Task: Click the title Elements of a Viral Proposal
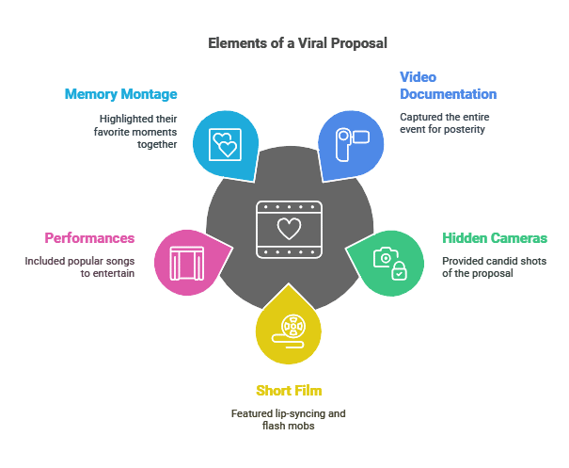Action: click(x=297, y=43)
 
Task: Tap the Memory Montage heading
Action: click(x=120, y=94)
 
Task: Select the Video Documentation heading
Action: click(x=449, y=86)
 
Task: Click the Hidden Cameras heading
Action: click(x=495, y=238)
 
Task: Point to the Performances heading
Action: click(x=89, y=238)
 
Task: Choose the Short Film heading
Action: click(x=289, y=391)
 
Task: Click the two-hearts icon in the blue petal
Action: click(x=225, y=144)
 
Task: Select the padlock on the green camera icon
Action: click(x=399, y=270)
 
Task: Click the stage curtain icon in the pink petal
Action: click(x=187, y=264)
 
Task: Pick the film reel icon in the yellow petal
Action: click(x=290, y=331)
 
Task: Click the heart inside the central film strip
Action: click(x=290, y=229)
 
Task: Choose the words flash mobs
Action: click(x=289, y=426)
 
